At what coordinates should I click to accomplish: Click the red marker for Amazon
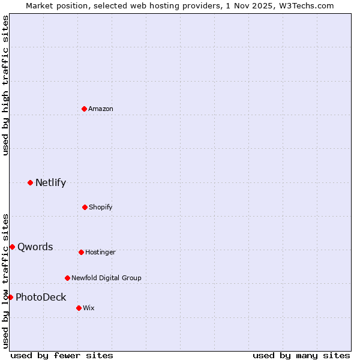(x=84, y=109)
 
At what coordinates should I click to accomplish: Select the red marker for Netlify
(x=30, y=182)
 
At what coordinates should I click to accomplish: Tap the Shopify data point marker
(x=85, y=207)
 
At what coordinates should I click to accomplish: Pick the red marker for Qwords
(x=12, y=247)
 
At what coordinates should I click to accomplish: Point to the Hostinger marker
(x=81, y=252)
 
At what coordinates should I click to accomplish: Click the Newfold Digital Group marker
(x=67, y=278)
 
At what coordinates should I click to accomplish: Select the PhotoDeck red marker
(x=10, y=297)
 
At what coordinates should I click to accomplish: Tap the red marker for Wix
(x=79, y=308)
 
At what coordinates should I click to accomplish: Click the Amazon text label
(x=101, y=109)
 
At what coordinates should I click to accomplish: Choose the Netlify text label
(x=50, y=183)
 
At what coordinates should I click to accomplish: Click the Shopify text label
(x=101, y=207)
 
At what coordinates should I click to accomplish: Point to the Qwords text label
(x=35, y=247)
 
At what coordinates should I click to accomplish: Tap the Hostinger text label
(x=100, y=253)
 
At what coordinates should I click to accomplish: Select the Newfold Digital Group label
(x=106, y=278)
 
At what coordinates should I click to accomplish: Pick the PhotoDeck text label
(x=41, y=298)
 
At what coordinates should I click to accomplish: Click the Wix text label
(x=89, y=308)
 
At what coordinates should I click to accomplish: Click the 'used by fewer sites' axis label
(x=62, y=355)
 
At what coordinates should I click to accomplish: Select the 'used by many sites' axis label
(x=301, y=355)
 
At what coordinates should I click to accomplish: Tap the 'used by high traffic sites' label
(x=5, y=85)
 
